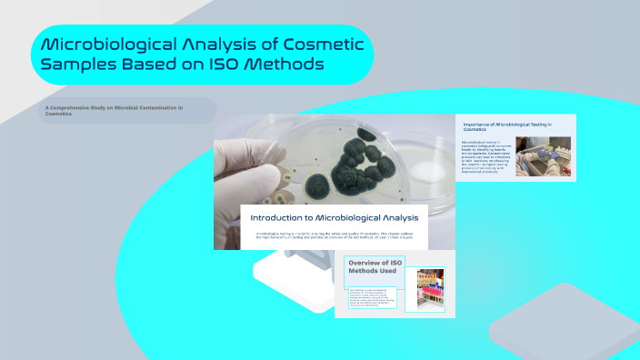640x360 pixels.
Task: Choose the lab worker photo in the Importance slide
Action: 543,155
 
